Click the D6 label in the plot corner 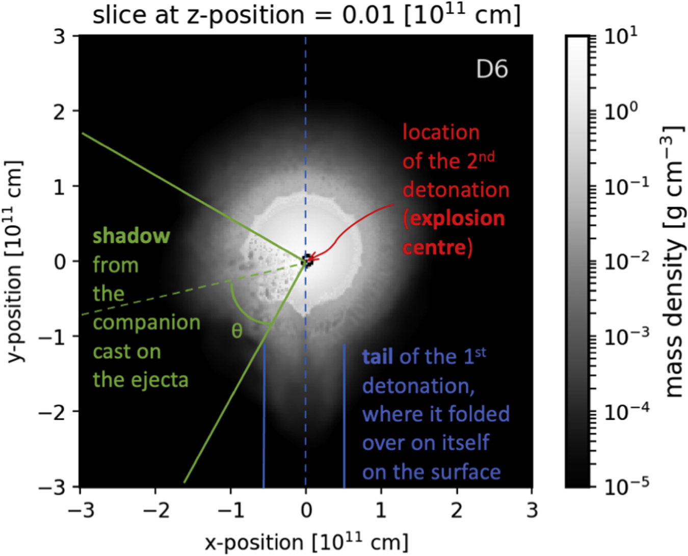(x=491, y=69)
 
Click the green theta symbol (x=237, y=331)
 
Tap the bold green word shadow (x=131, y=236)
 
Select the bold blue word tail (x=379, y=357)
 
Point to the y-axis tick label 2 (x=60, y=111)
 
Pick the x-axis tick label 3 (x=532, y=510)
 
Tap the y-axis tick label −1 (x=54, y=336)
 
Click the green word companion (x=146, y=323)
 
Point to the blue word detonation (x=418, y=386)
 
